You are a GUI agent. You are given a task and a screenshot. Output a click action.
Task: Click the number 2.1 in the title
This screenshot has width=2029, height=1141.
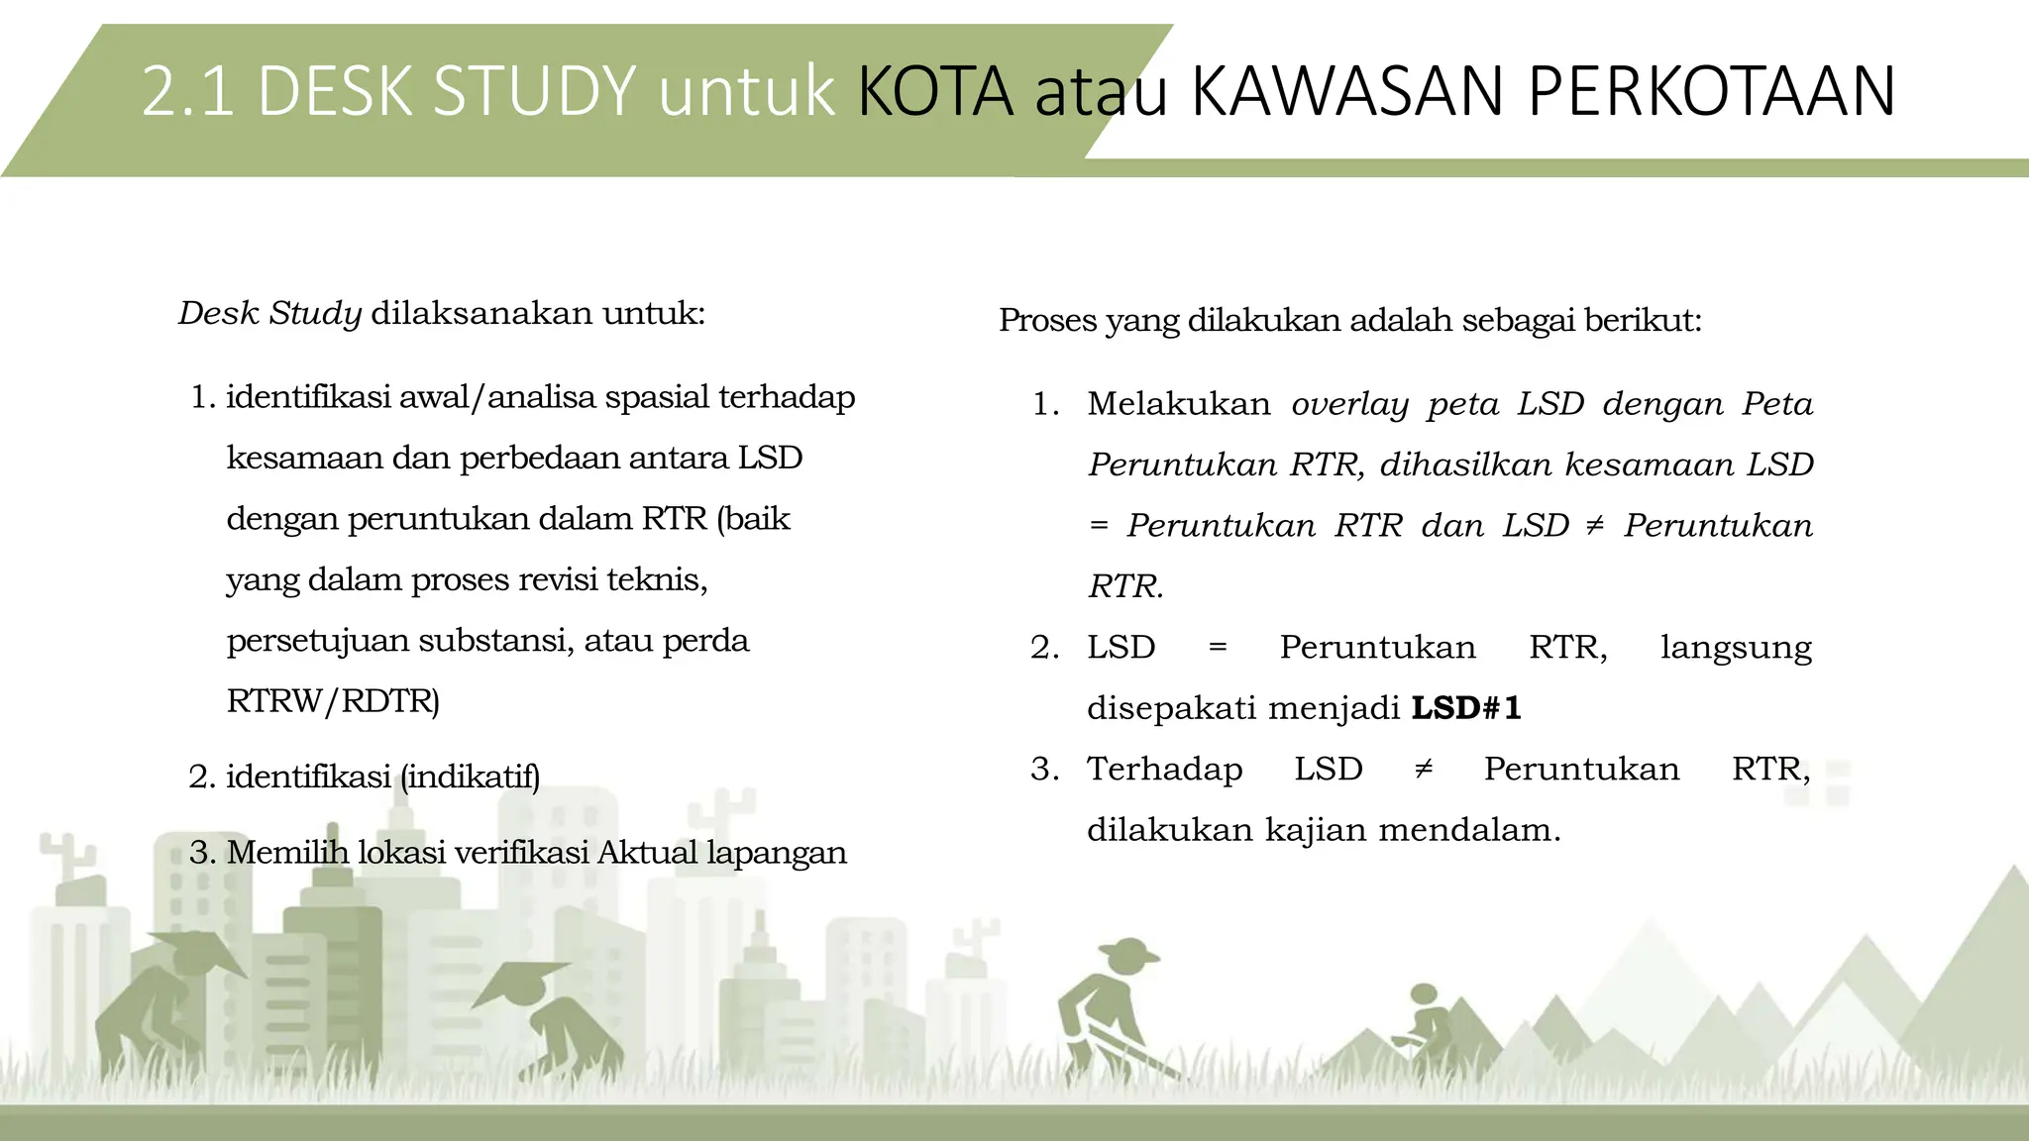pyautogui.click(x=187, y=91)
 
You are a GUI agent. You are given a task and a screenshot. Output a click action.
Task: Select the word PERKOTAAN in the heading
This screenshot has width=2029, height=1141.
pyautogui.click(x=1711, y=91)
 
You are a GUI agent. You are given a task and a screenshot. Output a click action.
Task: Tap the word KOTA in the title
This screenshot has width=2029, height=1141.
pyautogui.click(x=935, y=91)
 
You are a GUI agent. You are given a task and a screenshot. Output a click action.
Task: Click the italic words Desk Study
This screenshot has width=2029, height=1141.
pyautogui.click(x=269, y=313)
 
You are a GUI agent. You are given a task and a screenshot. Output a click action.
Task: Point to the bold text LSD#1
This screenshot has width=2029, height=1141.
pyautogui.click(x=1466, y=708)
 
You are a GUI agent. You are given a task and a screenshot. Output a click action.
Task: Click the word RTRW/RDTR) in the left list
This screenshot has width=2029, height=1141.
pyautogui.click(x=333, y=701)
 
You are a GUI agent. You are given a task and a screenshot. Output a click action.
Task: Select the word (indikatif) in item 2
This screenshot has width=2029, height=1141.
pyautogui.click(x=471, y=777)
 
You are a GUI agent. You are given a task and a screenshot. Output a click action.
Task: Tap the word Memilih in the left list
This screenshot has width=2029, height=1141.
pyautogui.click(x=287, y=853)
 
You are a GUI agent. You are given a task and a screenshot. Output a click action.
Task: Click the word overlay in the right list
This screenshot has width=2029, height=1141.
pyautogui.click(x=1349, y=404)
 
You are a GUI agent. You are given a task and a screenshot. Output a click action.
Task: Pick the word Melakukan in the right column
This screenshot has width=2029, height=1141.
pyautogui.click(x=1178, y=404)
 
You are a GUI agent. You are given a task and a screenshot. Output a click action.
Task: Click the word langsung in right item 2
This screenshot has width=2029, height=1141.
pyautogui.click(x=1736, y=648)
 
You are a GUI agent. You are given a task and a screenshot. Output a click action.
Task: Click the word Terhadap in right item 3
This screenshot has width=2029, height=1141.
pyautogui.click(x=1164, y=770)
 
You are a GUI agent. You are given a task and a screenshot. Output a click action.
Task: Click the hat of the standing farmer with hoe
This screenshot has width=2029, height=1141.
pyautogui.click(x=1128, y=954)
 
